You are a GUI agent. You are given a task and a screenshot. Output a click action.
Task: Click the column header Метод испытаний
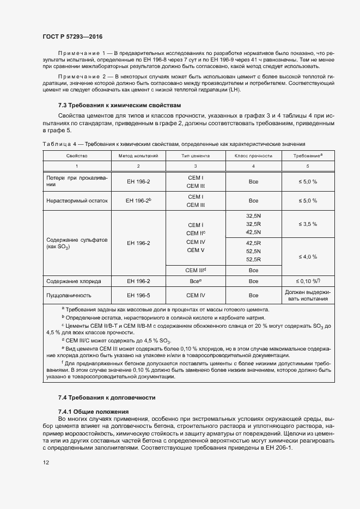point(138,155)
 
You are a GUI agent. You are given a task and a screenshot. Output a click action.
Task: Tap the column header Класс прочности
point(253,155)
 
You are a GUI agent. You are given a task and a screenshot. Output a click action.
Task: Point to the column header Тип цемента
point(196,155)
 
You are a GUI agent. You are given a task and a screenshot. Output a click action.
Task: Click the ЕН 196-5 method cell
point(138,295)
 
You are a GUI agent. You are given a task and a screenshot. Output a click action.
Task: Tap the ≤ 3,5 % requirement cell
point(307,224)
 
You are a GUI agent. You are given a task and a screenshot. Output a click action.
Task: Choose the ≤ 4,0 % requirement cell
point(307,256)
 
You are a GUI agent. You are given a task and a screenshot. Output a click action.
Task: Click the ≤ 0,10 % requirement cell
point(307,281)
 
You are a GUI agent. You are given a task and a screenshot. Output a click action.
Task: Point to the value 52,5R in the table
point(253,260)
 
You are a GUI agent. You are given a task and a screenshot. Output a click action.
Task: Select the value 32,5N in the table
point(253,216)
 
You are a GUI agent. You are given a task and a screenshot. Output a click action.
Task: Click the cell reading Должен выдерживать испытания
point(307,295)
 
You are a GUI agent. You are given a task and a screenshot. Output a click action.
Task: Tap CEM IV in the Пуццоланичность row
point(196,295)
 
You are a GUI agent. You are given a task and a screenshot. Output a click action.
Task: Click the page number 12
point(46,462)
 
